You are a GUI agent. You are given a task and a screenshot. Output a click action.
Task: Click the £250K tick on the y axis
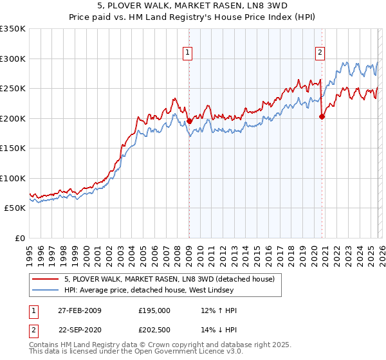[13, 89]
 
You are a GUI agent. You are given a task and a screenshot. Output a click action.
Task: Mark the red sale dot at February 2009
[189, 121]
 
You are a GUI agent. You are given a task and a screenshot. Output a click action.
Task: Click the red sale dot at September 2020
[322, 116]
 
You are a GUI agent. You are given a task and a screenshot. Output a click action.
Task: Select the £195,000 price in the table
[154, 310]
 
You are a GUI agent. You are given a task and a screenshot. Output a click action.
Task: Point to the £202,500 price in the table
[154, 331]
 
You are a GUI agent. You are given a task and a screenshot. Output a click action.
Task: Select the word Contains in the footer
[45, 346]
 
